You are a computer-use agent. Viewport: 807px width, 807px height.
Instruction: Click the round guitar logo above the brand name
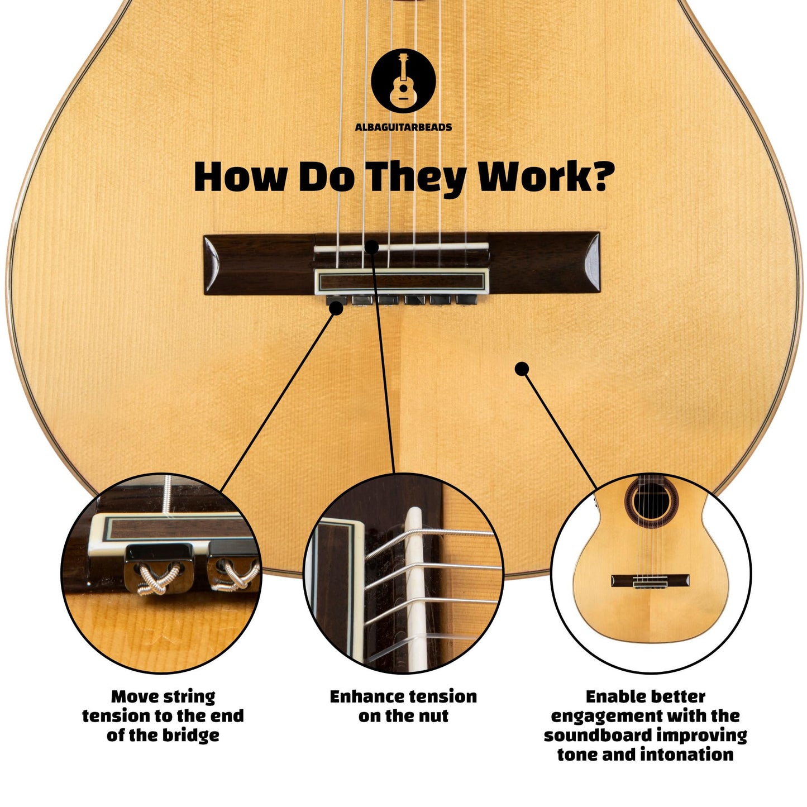coord(403,81)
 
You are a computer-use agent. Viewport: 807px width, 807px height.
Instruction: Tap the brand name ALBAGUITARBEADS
coord(403,127)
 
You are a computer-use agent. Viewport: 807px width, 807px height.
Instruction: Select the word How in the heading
coord(240,176)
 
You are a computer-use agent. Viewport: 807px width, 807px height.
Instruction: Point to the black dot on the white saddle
coord(371,247)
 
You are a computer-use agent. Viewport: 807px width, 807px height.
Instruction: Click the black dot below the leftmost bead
coord(336,309)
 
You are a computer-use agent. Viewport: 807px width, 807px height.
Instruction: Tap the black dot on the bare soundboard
coord(522,369)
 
